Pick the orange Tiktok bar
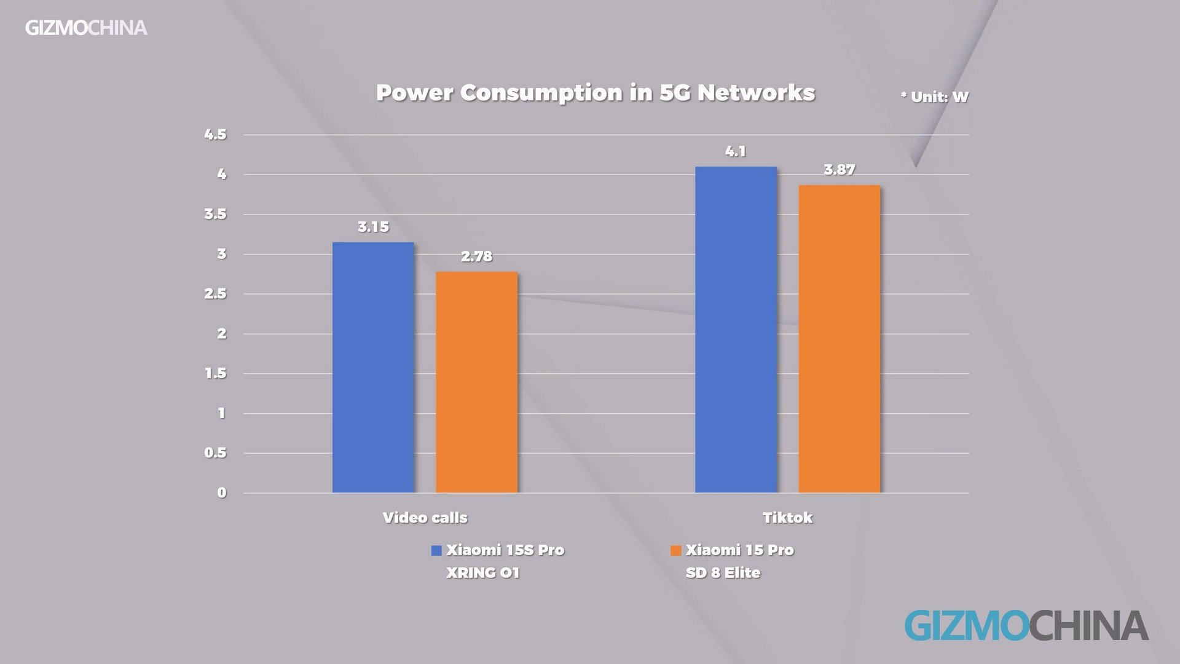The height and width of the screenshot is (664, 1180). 839,339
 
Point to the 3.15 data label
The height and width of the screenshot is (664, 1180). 373,227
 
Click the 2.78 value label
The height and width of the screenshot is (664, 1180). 476,256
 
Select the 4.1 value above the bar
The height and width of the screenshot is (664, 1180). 736,151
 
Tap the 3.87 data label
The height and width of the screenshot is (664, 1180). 839,170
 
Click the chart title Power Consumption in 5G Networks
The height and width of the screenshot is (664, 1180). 595,93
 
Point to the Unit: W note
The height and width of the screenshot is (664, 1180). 934,97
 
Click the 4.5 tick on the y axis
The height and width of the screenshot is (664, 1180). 215,135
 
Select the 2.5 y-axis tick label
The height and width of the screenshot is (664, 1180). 215,294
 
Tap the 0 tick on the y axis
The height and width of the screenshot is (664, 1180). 221,492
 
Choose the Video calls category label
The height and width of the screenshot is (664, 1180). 425,518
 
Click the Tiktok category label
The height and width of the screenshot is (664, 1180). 787,518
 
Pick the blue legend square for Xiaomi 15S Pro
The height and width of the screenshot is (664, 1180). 436,550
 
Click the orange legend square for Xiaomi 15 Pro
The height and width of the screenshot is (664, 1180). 675,550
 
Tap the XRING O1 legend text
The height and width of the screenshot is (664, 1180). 482,573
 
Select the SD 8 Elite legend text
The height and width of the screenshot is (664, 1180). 723,573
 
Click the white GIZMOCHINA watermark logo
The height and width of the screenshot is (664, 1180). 86,28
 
